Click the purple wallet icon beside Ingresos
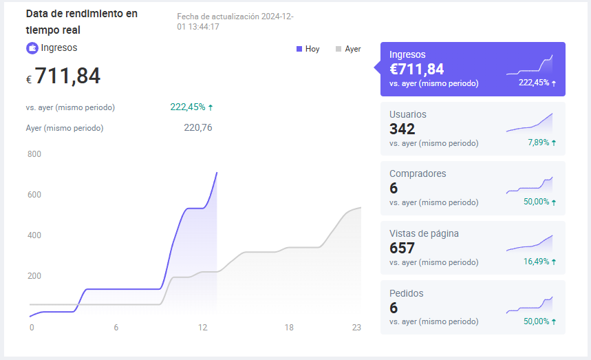pos(32,48)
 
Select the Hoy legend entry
pos(308,49)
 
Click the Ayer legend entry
pos(348,49)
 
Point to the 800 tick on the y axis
pos(34,153)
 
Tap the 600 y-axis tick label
pos(34,195)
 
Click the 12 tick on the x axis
pos(203,327)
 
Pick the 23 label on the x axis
pos(356,327)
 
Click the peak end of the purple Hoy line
pos(217,173)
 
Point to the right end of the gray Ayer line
pos(361,207)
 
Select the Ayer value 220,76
pos(198,128)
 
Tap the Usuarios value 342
pos(402,129)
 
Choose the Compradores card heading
pos(418,173)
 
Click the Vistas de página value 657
pos(402,248)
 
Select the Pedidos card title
pos(407,293)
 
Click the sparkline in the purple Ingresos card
pos(530,65)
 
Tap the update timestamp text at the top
pos(235,21)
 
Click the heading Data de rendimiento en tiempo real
pos(82,22)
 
